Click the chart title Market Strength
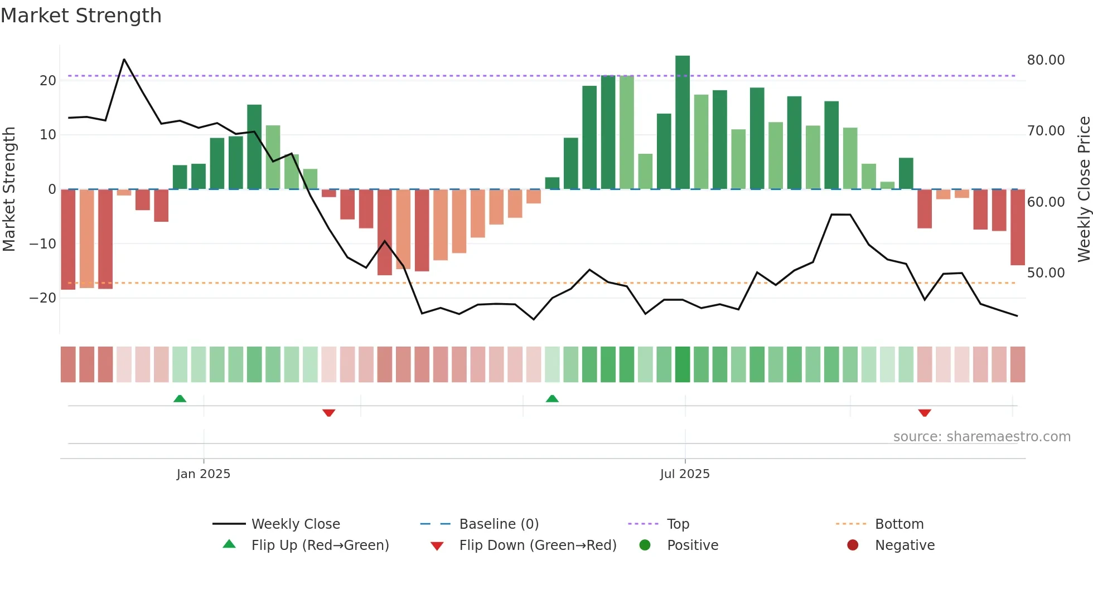pos(81,16)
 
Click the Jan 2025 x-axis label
pos(204,474)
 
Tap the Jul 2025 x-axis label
pos(685,474)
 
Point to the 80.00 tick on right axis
pos(1046,60)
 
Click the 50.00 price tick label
pos(1046,272)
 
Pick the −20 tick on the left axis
pos(43,298)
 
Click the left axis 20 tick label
pos(48,80)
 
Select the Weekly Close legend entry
pos(296,524)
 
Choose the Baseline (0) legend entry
pos(499,524)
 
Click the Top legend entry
pos(678,524)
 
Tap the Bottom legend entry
pos(899,524)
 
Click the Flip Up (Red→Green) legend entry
pos(320,545)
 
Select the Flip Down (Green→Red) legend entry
pos(538,545)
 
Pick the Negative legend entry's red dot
pos(853,545)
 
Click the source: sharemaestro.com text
pos(981,436)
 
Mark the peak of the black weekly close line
pos(124,59)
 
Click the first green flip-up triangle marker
pos(180,398)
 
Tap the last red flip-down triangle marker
pos(925,413)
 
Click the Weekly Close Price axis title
pos(1084,189)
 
